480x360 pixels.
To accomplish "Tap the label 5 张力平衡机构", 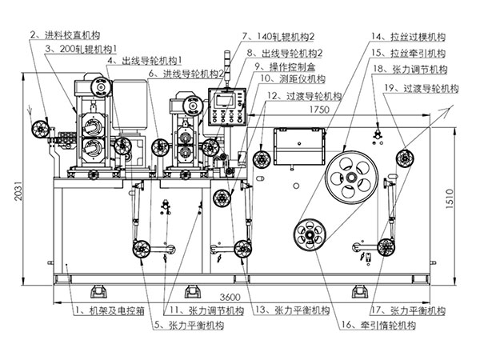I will point(189,325).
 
